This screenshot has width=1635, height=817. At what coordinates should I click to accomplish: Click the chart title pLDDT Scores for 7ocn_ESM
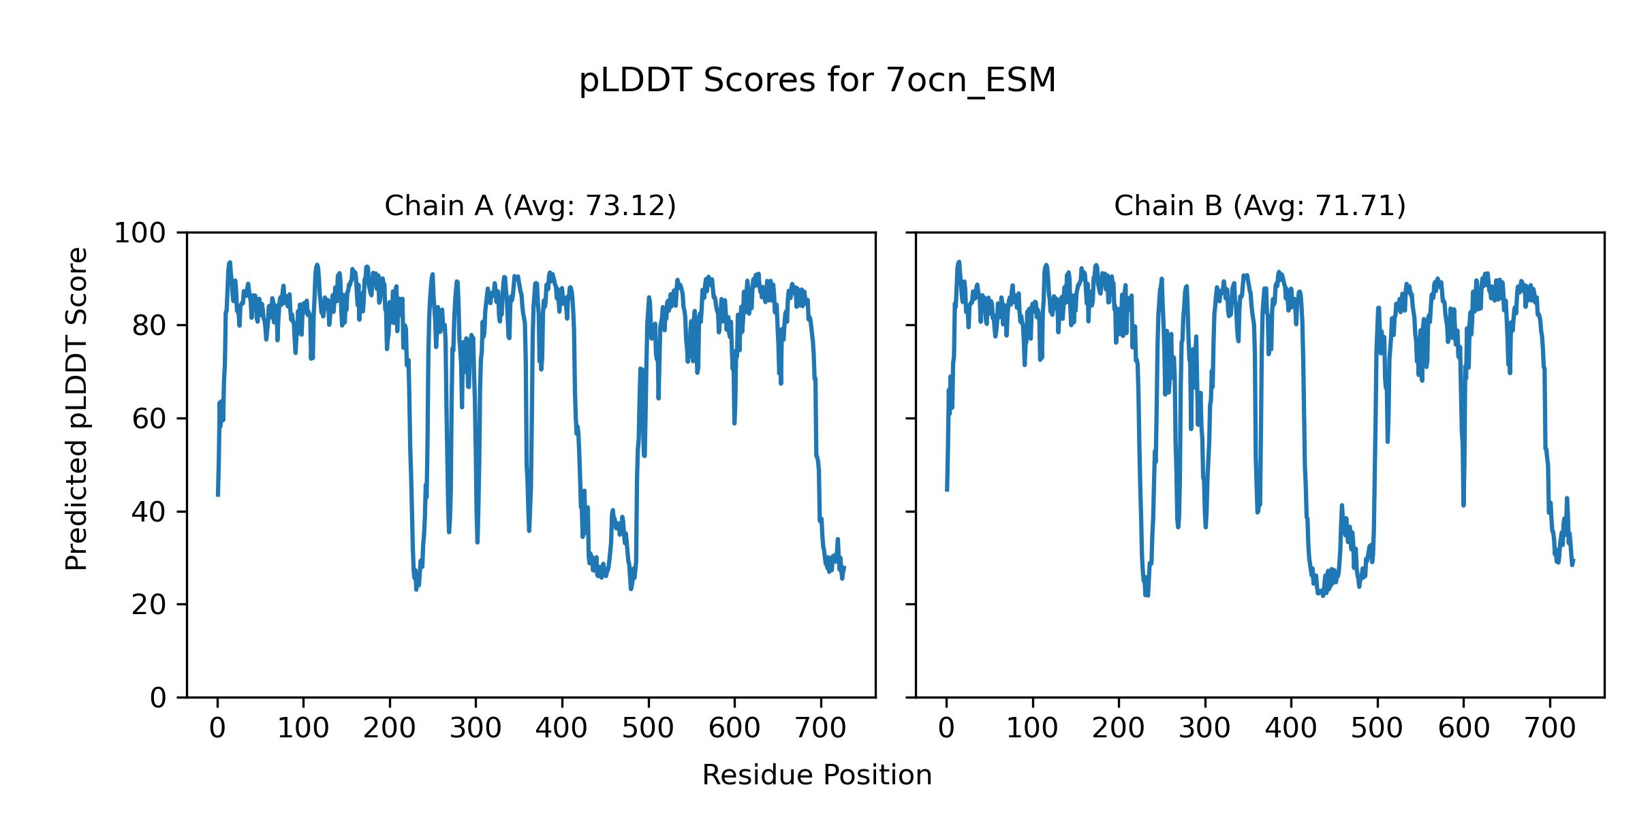pyautogui.click(x=817, y=80)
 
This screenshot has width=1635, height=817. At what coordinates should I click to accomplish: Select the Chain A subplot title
pyautogui.click(x=530, y=206)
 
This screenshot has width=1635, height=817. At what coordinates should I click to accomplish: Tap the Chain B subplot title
pyautogui.click(x=1260, y=206)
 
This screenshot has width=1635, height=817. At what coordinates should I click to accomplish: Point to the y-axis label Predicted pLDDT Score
pyautogui.click(x=76, y=408)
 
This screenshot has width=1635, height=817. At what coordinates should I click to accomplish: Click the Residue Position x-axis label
pyautogui.click(x=817, y=775)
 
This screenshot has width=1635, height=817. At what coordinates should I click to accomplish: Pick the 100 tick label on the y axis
pyautogui.click(x=140, y=233)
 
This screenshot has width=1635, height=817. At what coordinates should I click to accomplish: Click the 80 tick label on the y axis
pyautogui.click(x=149, y=326)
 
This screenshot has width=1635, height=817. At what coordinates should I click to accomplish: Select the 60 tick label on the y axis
pyautogui.click(x=149, y=419)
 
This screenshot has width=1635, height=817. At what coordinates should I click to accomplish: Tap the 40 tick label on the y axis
pyautogui.click(x=149, y=512)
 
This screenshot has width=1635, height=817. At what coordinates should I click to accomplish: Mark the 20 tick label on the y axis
pyautogui.click(x=149, y=605)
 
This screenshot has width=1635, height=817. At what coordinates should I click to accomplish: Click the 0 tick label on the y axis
pyautogui.click(x=158, y=698)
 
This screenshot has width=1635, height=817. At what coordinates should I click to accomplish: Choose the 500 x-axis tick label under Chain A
pyautogui.click(x=648, y=728)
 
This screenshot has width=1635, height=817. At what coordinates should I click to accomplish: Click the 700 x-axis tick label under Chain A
pyautogui.click(x=821, y=728)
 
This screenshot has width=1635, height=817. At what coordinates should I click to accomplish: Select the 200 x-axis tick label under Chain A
pyautogui.click(x=390, y=728)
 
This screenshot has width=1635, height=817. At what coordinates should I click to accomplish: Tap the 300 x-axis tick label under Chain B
pyautogui.click(x=1205, y=728)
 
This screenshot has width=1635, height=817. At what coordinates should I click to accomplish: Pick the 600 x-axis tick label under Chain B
pyautogui.click(x=1463, y=728)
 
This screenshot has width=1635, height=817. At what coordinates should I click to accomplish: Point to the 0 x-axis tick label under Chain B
pyautogui.click(x=946, y=728)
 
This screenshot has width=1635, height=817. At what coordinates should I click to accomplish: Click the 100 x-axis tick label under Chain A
pyautogui.click(x=303, y=728)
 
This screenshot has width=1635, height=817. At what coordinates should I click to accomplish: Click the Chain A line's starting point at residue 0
pyautogui.click(x=218, y=494)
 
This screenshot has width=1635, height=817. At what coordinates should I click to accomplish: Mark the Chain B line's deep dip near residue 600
pyautogui.click(x=1463, y=504)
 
